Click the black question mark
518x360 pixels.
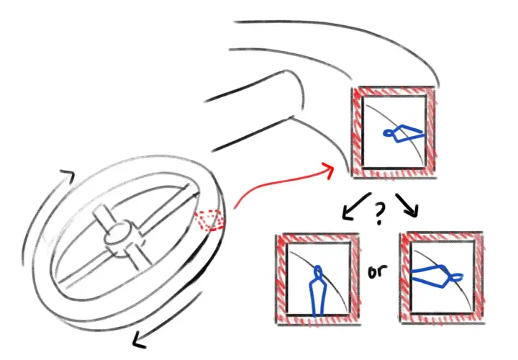pyautogui.click(x=380, y=213)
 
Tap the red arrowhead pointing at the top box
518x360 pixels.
pyautogui.click(x=328, y=170)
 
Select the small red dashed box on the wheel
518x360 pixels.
pyautogui.click(x=209, y=220)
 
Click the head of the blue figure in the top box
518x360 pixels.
pyautogui.click(x=388, y=133)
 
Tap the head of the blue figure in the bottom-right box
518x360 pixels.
pyautogui.click(x=456, y=277)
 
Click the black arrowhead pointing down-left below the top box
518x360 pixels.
pyautogui.click(x=347, y=214)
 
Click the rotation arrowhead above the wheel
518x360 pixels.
pyautogui.click(x=68, y=176)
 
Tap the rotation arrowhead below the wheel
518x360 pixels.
pyautogui.click(x=140, y=341)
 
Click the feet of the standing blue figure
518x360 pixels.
pyautogui.click(x=317, y=315)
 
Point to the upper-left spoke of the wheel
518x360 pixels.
pyautogui.click(x=101, y=217)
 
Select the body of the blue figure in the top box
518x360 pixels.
pyautogui.click(x=408, y=133)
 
